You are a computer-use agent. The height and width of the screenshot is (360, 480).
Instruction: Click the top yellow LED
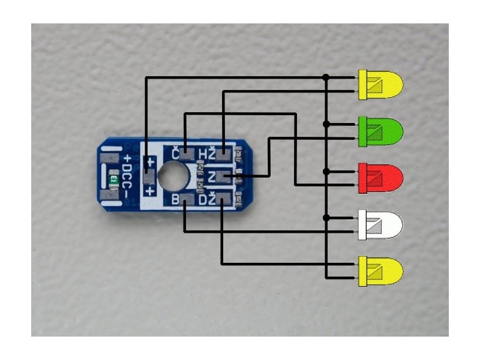[x=380, y=85]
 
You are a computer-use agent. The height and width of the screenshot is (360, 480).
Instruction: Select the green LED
[x=380, y=131]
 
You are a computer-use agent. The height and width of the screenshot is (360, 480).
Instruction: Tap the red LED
[x=380, y=178]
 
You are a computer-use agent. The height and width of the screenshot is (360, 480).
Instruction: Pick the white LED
[x=380, y=225]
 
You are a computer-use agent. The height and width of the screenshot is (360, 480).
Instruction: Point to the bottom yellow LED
[x=380, y=272]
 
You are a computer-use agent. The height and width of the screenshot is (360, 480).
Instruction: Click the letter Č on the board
[x=176, y=154]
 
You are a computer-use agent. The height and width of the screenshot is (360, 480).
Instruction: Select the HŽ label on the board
[x=206, y=154]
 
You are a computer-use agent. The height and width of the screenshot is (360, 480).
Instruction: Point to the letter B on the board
[x=176, y=199]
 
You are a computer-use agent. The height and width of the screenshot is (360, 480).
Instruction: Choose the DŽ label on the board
[x=206, y=199]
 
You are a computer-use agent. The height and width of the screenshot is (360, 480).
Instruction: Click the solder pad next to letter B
[x=187, y=199]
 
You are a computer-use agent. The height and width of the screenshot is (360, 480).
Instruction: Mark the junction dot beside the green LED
[x=326, y=124]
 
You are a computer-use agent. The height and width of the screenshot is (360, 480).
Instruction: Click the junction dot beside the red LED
[x=326, y=171]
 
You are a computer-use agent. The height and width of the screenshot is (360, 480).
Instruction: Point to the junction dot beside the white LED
[x=326, y=217]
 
